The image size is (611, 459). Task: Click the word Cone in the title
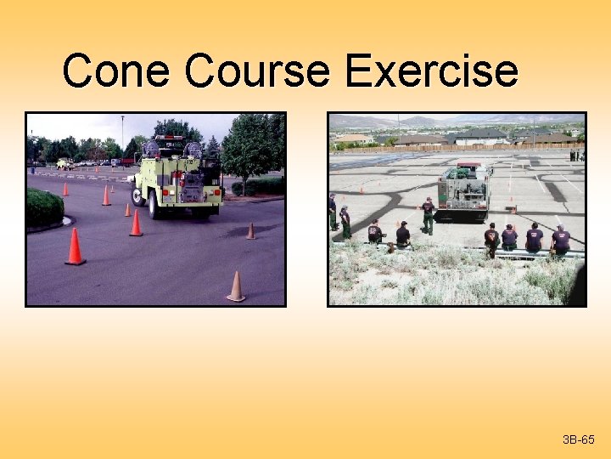115,71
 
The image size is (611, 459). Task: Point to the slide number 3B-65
578,439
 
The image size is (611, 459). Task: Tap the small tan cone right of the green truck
250,230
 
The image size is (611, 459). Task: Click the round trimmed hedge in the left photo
43,207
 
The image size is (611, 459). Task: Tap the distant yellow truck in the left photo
64,164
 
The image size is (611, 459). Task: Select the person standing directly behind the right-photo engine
429,216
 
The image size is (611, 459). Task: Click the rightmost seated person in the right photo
560,241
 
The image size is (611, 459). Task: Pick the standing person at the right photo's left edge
333,212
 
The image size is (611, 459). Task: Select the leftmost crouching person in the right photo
374,232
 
